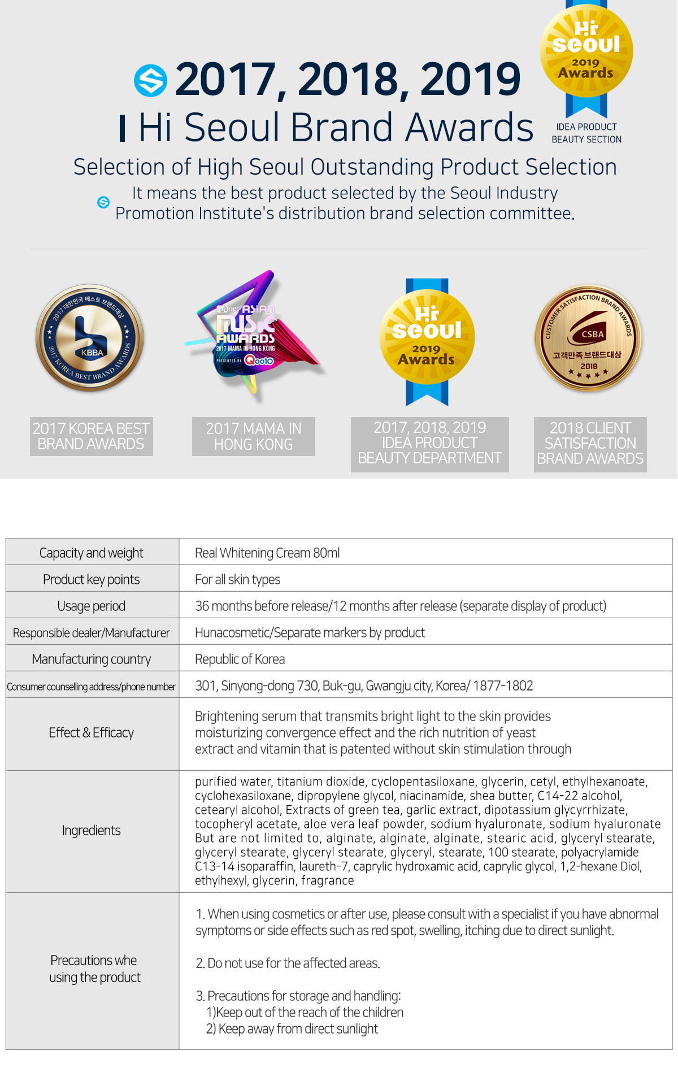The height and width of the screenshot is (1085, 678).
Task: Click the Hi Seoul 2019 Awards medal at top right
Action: point(586,51)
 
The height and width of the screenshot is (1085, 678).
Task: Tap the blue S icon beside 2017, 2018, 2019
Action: point(150,80)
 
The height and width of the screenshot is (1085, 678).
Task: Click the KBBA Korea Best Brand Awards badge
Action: point(90,338)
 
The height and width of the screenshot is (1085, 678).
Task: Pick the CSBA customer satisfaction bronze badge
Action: point(588,338)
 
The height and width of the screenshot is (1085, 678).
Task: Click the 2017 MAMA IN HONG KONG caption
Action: point(254,436)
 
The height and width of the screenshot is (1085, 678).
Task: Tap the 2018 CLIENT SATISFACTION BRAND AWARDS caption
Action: point(590,444)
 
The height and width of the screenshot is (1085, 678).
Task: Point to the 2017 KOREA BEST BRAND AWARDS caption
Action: point(91,436)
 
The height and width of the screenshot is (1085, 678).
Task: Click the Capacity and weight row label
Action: point(92,553)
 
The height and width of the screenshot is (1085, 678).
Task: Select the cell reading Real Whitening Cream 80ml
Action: point(267,553)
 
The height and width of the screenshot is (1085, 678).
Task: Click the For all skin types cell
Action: point(237,579)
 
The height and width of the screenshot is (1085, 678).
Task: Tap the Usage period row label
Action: point(92,606)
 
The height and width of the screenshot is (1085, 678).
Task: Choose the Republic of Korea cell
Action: point(240,659)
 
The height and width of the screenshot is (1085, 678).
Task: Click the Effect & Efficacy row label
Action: point(92,732)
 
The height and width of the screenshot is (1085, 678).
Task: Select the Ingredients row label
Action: point(92,830)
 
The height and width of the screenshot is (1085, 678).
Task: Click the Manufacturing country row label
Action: point(92,659)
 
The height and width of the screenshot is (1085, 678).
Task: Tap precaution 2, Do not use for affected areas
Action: point(288,963)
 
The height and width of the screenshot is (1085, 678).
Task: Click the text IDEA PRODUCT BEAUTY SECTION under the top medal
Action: point(586,133)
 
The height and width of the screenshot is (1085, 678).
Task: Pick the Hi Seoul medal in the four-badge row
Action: point(427,339)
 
